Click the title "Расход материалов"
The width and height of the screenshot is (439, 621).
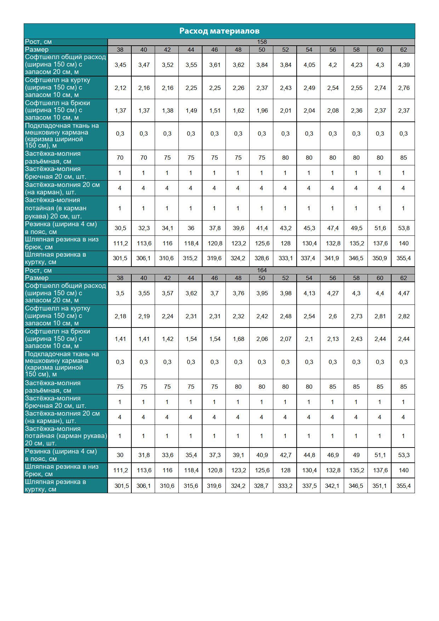click(219, 31)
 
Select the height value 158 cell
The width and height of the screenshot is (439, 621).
click(262, 42)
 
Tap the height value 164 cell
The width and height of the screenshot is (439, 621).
click(262, 270)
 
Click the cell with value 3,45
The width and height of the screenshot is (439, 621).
click(120, 65)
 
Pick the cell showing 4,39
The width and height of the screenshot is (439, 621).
click(404, 65)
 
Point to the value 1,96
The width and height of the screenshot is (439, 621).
click(262, 110)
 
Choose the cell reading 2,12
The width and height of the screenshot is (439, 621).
click(120, 88)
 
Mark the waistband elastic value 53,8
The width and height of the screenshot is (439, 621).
click(404, 228)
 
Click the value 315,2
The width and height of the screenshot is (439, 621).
click(190, 258)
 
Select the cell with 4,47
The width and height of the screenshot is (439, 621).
click(404, 293)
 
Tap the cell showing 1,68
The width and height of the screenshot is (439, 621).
click(238, 339)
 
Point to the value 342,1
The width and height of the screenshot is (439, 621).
click(332, 486)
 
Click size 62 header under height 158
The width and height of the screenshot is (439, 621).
click(404, 50)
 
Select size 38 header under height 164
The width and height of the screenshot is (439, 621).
click(120, 278)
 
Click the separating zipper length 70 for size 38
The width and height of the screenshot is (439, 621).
click(120, 158)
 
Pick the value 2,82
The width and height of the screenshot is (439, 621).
click(404, 316)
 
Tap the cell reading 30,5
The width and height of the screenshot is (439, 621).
click(120, 228)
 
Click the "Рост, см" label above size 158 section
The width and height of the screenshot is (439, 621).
click(38, 42)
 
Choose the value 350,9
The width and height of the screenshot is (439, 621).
click(380, 258)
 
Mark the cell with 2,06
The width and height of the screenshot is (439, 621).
click(262, 339)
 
